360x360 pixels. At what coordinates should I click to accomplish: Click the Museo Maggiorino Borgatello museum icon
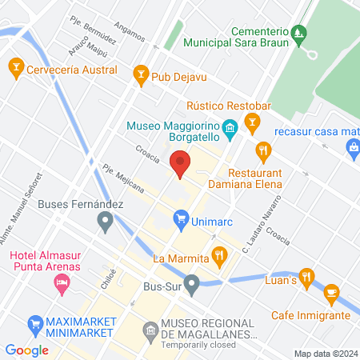pyautogui.click(x=229, y=128)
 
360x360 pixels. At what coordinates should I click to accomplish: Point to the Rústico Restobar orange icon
pyautogui.click(x=253, y=122)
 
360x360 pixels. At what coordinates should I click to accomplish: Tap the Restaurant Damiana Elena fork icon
pyautogui.click(x=262, y=150)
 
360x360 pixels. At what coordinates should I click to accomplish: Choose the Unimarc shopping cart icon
pyautogui.click(x=182, y=218)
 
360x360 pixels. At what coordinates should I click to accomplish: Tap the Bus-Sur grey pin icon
pyautogui.click(x=192, y=283)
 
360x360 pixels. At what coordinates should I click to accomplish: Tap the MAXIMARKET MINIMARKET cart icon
pyautogui.click(x=35, y=324)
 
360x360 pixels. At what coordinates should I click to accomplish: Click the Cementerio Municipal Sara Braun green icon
pyautogui.click(x=298, y=32)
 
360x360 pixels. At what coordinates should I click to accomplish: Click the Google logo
pyautogui.click(x=27, y=350)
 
